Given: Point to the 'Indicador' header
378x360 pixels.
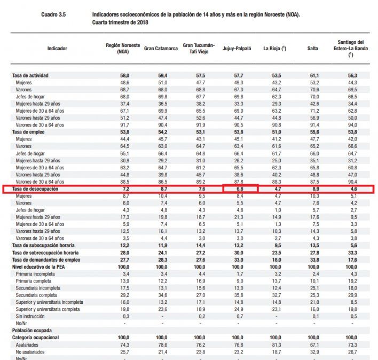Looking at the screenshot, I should point(57,49).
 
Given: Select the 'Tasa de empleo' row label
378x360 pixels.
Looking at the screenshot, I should point(36,131).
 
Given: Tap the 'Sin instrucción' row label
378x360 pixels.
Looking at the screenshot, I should point(30,316).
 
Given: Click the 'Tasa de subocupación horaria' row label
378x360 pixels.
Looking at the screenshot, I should point(46,245).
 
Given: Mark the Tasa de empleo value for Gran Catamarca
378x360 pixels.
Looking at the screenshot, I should point(162,131).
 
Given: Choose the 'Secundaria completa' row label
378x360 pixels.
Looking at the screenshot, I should point(38,294).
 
